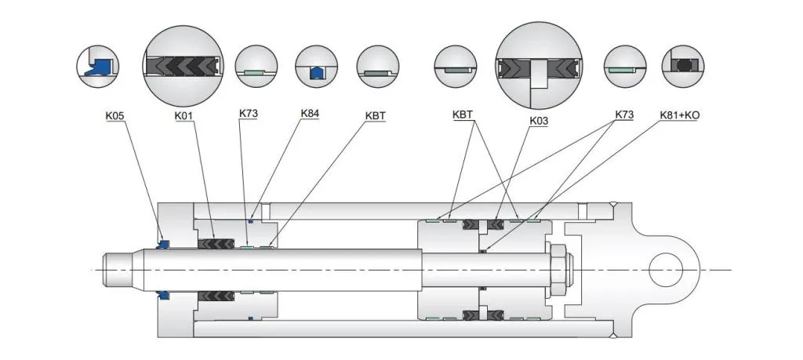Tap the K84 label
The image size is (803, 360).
click(x=310, y=113)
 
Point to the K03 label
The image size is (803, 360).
click(x=539, y=120)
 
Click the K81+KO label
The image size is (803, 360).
click(x=680, y=115)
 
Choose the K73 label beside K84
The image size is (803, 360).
click(x=249, y=113)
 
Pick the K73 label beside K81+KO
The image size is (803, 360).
click(x=625, y=115)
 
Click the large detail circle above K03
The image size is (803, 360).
click(x=539, y=65)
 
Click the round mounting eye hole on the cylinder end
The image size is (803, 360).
click(x=668, y=271)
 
